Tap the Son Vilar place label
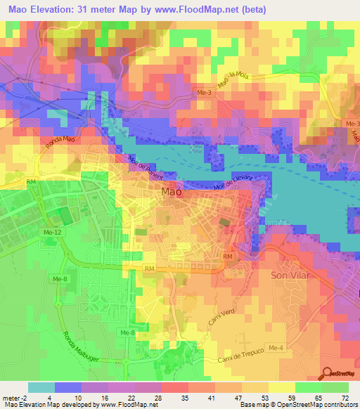(289, 275)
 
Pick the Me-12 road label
(53, 233)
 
